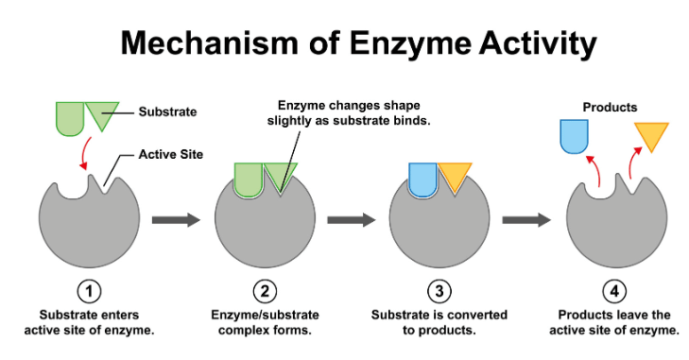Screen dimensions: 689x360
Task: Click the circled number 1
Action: click(x=89, y=291)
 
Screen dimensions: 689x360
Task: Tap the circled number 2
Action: click(x=265, y=291)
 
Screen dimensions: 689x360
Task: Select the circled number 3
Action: click(x=439, y=291)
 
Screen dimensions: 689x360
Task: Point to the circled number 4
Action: click(x=613, y=291)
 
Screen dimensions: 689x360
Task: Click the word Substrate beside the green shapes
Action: click(x=167, y=111)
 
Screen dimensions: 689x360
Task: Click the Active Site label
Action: click(x=171, y=154)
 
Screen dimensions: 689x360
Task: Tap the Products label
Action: click(x=610, y=108)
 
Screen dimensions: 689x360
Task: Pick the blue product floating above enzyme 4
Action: click(x=574, y=137)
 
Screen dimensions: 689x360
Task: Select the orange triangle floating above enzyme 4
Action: click(x=651, y=135)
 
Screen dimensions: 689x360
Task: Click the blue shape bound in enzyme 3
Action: click(x=422, y=180)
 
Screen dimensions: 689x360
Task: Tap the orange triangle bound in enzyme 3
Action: click(x=455, y=176)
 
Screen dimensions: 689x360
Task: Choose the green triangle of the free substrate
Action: click(x=102, y=113)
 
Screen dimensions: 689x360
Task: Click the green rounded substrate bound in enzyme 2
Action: click(x=249, y=180)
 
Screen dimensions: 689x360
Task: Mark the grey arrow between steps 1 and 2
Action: click(x=176, y=220)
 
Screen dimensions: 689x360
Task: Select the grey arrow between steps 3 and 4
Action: click(x=526, y=220)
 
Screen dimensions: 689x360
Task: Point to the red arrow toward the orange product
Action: click(x=632, y=162)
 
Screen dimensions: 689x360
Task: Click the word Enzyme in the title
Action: click(x=410, y=43)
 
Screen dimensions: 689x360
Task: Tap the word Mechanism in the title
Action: click(x=210, y=43)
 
